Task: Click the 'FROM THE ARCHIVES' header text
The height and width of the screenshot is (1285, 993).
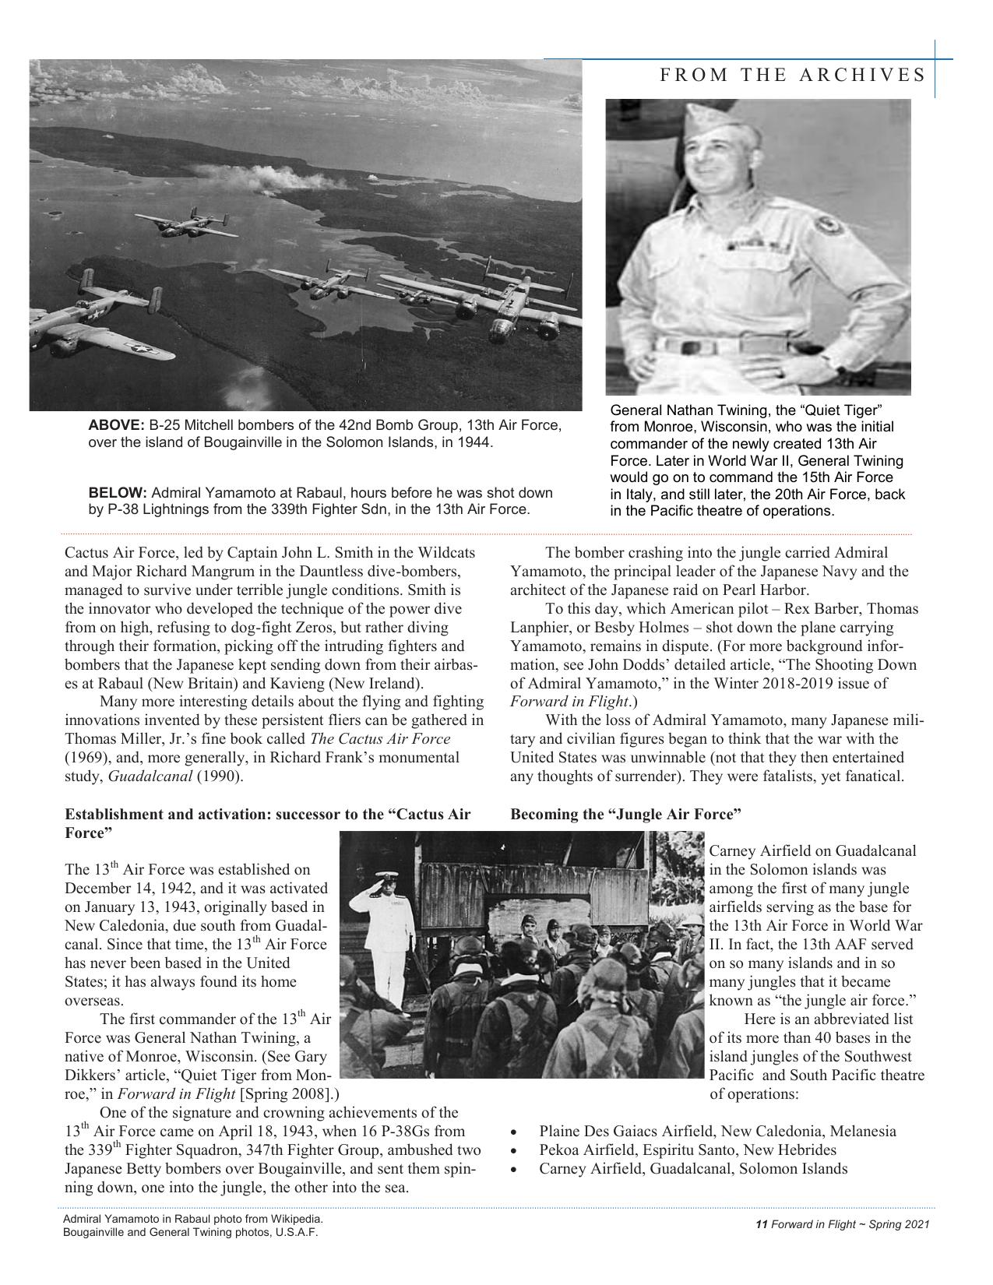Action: [x=793, y=75]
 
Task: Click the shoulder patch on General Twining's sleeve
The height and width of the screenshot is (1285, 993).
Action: [x=828, y=231]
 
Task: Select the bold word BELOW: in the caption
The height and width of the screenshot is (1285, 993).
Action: [x=118, y=493]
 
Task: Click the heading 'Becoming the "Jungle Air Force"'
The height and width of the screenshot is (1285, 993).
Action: [x=625, y=815]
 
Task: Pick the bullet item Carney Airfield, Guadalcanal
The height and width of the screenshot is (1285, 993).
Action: [x=693, y=1169]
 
